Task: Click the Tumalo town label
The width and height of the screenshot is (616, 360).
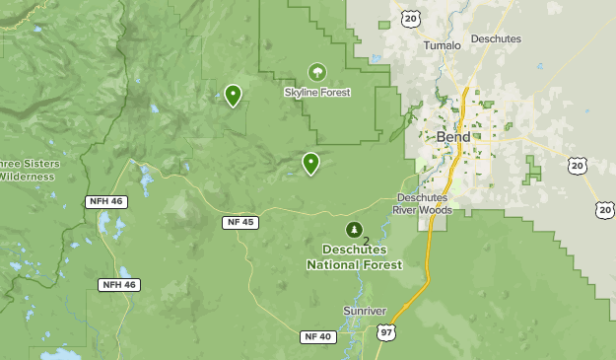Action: (441, 45)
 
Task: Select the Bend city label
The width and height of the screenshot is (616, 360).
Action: (452, 137)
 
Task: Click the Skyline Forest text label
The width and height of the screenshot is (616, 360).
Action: (317, 93)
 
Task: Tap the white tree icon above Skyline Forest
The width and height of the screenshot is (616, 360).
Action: (316, 72)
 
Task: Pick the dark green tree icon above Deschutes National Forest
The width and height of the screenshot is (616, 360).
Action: (353, 230)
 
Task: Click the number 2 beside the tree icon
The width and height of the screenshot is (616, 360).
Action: (366, 240)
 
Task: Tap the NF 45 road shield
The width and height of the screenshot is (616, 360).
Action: (240, 222)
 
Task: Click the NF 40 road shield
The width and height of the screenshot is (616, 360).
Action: (318, 337)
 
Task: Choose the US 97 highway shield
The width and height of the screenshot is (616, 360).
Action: (384, 335)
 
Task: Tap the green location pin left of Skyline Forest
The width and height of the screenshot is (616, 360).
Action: (233, 95)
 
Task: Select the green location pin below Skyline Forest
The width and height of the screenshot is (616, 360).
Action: (310, 163)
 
